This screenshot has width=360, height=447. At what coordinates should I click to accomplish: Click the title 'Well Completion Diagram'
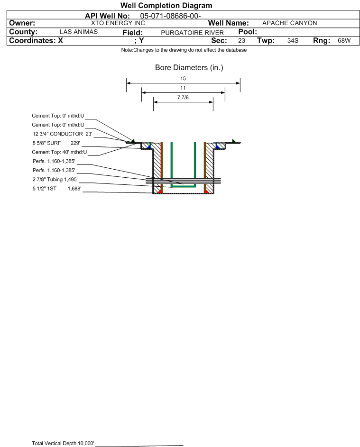tap(166, 5)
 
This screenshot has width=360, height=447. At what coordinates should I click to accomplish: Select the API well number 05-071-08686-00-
tap(170, 16)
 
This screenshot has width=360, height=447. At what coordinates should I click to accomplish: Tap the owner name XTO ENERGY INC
tap(118, 23)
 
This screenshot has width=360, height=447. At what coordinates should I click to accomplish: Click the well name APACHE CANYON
tap(289, 23)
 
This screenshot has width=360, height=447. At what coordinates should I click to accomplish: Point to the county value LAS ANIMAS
tap(79, 32)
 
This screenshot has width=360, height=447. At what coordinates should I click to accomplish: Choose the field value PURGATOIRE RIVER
tap(192, 33)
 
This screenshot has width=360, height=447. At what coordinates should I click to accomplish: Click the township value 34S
tap(293, 40)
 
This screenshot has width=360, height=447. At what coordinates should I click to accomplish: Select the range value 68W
tap(344, 40)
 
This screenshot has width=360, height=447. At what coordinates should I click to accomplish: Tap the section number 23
tap(241, 40)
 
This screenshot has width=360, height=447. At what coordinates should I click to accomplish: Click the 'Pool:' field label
tap(248, 32)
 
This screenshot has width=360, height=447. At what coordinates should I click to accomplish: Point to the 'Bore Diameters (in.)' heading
tap(189, 68)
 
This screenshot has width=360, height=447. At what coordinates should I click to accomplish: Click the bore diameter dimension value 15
tap(183, 78)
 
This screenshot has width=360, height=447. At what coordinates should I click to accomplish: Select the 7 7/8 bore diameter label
tap(183, 97)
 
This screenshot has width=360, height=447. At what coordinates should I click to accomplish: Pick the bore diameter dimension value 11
tap(183, 88)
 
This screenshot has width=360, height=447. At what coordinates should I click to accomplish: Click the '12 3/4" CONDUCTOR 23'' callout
tap(63, 134)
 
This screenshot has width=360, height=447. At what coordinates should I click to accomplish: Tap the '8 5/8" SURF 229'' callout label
tap(56, 143)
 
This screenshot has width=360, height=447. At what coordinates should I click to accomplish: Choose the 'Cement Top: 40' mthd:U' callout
tap(59, 152)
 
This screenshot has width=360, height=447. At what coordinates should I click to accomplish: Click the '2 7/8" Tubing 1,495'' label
tap(55, 179)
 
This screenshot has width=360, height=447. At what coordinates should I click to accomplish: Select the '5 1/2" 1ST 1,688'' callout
tap(57, 189)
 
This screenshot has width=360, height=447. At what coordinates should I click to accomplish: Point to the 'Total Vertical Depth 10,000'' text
tap(63, 443)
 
